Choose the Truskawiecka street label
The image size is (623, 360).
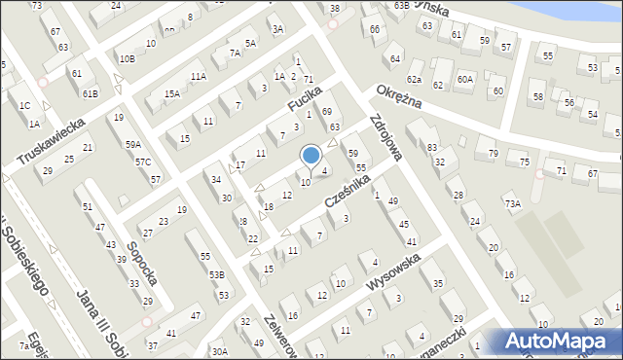coord(51,142)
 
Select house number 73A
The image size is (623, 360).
coord(512,203)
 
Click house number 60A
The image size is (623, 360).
coord(464,79)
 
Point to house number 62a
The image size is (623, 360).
coord(415,79)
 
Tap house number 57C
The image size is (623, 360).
coord(143,162)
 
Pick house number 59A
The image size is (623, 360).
coord(132,145)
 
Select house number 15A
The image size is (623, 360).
coord(172,93)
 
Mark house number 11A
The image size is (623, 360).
coord(199,76)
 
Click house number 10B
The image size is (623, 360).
coord(127,58)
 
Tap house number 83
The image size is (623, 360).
coord(431,147)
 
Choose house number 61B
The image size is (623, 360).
coord(90,93)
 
